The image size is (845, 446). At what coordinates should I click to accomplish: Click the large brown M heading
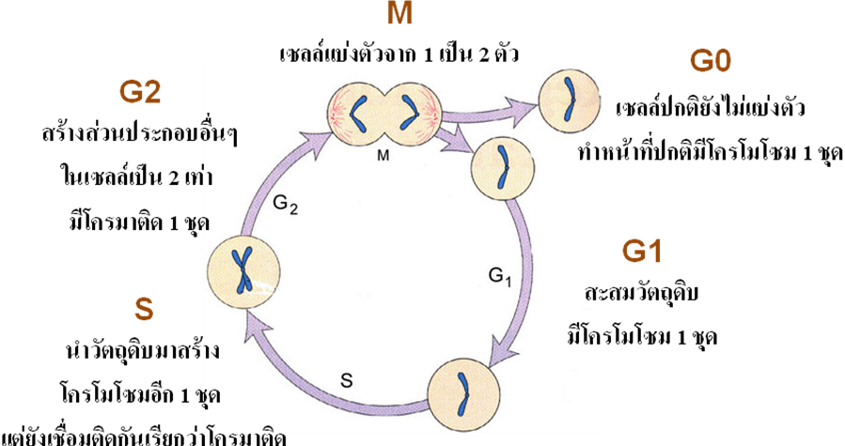pyautogui.click(x=399, y=13)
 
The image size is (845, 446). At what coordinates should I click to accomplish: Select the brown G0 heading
pyautogui.click(x=711, y=62)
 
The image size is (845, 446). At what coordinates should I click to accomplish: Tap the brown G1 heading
pyautogui.click(x=641, y=251)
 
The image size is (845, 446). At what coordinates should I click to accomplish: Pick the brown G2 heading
pyautogui.click(x=140, y=92)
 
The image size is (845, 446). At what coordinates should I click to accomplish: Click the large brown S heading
pyautogui.click(x=144, y=310)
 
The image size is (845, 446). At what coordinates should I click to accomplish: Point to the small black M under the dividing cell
pyautogui.click(x=383, y=156)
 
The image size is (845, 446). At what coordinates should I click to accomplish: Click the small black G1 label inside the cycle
pyautogui.click(x=499, y=276)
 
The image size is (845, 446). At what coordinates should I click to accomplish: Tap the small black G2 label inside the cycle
pyautogui.click(x=285, y=204)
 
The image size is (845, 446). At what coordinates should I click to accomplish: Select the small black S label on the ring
pyautogui.click(x=347, y=381)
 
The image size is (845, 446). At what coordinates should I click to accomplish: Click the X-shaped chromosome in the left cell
pyautogui.click(x=243, y=269)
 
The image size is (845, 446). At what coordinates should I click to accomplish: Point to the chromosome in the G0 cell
pyautogui.click(x=569, y=100)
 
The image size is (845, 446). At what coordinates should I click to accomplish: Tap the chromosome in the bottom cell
pyautogui.click(x=463, y=393)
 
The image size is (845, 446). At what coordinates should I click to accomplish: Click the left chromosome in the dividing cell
pyautogui.click(x=359, y=115)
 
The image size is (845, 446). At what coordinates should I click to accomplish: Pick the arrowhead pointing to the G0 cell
pyautogui.click(x=523, y=107)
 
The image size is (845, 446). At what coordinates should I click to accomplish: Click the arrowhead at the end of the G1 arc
pyautogui.click(x=501, y=349)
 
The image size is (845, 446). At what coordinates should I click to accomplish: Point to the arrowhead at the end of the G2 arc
pyautogui.click(x=319, y=141)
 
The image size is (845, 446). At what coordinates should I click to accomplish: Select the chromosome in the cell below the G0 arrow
pyautogui.click(x=504, y=167)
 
